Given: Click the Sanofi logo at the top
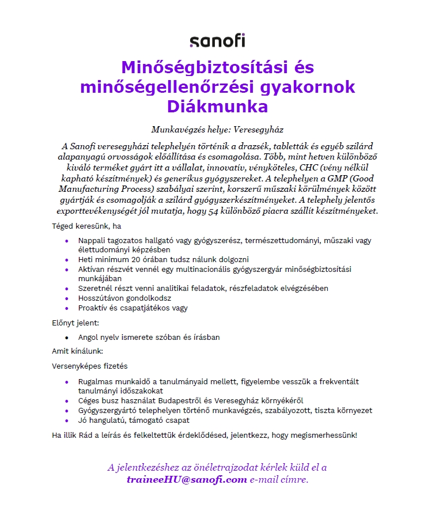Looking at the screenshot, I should [x=217, y=40].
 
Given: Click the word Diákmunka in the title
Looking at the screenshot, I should [x=217, y=107].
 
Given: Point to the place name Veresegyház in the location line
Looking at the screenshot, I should [x=256, y=130].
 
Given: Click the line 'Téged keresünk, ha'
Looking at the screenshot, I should [x=86, y=226].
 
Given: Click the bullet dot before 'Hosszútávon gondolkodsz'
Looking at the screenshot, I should [x=67, y=298].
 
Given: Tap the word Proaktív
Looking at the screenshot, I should [x=93, y=308].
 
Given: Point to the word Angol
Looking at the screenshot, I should [x=89, y=337].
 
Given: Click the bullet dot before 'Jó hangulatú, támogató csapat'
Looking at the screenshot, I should [x=67, y=420].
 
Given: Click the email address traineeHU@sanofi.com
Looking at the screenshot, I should [x=187, y=479].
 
